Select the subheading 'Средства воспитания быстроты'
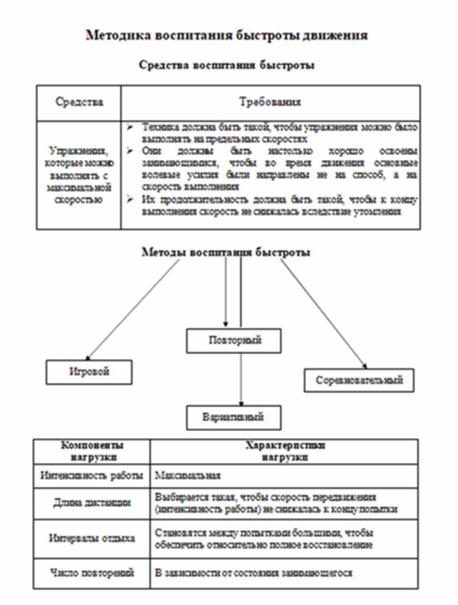click(226, 65)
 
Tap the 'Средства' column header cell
click(79, 102)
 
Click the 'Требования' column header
click(270, 102)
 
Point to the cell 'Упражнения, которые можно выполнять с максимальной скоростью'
click(79, 175)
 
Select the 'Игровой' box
click(89, 372)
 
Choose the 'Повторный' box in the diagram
click(235, 341)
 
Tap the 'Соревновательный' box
click(359, 380)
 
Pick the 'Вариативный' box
click(233, 418)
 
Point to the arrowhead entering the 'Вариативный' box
click(241, 403)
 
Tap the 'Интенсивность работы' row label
click(91, 476)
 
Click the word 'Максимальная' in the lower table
click(187, 476)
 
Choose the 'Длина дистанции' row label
click(91, 503)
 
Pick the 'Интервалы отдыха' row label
click(91, 538)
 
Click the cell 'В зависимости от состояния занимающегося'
click(253, 573)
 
